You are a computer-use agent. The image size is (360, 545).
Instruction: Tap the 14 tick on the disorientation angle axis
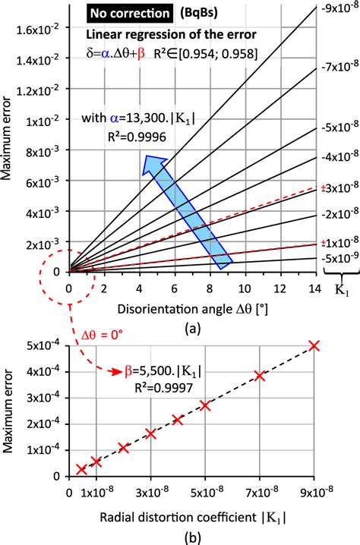point(314,288)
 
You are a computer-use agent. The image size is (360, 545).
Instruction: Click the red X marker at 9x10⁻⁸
point(314,346)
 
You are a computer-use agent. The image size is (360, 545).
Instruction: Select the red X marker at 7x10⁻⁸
point(260,376)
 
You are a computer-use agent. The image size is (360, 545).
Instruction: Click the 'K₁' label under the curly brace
point(339,290)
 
